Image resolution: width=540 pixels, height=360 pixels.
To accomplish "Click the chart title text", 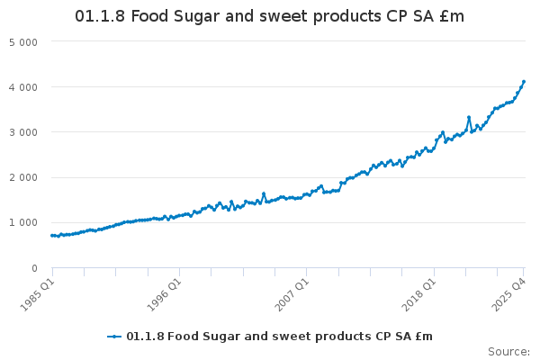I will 269,17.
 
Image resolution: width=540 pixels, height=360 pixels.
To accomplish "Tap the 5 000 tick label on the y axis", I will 22,42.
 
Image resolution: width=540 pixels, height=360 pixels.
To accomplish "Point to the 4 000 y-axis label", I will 22,87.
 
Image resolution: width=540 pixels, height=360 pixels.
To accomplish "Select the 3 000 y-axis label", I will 22,132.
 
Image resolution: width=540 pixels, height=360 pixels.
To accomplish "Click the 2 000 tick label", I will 22,177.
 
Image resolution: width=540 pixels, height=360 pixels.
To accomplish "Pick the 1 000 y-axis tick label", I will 22,222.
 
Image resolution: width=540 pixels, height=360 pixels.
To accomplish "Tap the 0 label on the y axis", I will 33,268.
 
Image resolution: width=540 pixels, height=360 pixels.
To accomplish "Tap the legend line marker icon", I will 114,337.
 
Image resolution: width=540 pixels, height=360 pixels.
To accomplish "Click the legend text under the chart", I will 279,337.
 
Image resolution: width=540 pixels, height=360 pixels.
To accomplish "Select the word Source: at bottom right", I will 508,351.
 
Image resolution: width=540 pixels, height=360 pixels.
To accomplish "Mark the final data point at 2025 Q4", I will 524,82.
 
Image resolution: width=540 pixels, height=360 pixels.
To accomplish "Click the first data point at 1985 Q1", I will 52,236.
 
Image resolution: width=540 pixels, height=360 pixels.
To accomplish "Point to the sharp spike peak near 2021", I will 469,117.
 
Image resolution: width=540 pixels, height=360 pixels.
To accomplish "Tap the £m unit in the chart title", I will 452,17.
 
